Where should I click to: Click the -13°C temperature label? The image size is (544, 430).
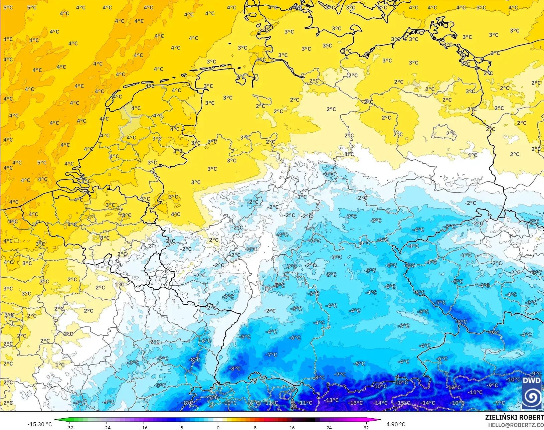[332, 400]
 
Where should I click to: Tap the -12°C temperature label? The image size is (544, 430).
[454, 387]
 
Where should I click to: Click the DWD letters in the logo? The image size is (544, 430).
[532, 381]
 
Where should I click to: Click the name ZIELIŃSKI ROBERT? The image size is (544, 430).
[514, 417]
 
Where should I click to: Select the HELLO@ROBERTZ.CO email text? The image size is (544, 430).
[516, 425]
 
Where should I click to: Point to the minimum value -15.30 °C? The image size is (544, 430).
[39, 424]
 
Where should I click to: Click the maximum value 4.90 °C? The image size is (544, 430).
[396, 424]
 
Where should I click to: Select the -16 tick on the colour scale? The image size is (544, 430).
[144, 428]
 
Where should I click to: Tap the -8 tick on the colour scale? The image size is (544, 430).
[181, 428]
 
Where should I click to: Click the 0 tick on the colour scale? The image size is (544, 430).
[218, 428]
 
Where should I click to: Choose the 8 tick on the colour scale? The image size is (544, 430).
[255, 428]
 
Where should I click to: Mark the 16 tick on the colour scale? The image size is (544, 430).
[292, 428]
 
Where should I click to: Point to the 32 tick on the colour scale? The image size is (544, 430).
[366, 428]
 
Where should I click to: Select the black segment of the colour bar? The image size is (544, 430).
[311, 420]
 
